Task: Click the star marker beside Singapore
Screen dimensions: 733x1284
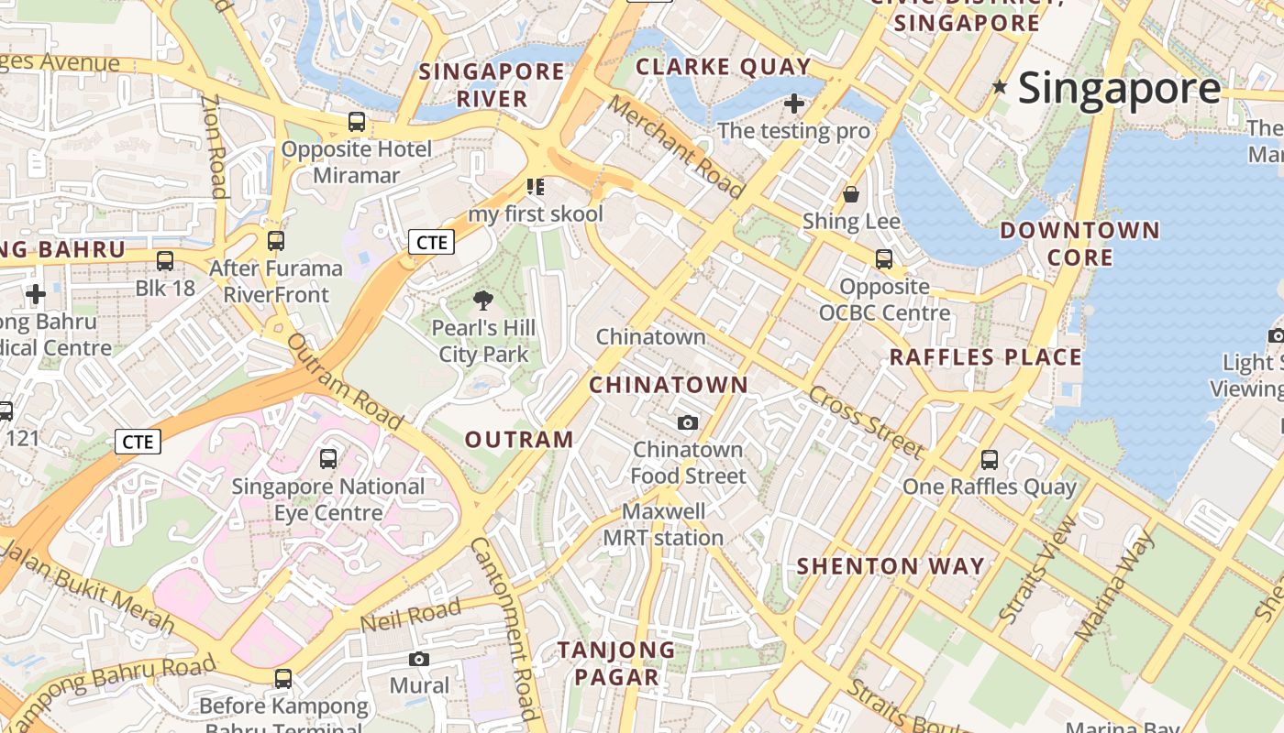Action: click(x=1000, y=88)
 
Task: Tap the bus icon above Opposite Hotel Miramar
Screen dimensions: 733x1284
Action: click(x=356, y=121)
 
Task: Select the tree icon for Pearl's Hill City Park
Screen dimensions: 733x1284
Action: click(x=483, y=301)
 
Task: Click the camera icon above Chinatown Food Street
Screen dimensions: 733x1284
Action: click(x=688, y=422)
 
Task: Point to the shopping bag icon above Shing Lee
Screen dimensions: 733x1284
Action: click(x=851, y=194)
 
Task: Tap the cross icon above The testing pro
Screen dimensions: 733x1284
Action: click(x=794, y=104)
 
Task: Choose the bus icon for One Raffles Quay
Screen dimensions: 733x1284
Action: click(x=989, y=459)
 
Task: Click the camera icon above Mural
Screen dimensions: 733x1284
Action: click(x=419, y=659)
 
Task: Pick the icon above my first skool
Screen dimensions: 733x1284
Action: click(x=536, y=188)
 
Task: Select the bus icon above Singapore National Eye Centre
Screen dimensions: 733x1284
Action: click(x=327, y=459)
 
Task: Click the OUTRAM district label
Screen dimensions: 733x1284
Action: click(x=519, y=440)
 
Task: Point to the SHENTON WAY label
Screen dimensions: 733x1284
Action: click(x=891, y=566)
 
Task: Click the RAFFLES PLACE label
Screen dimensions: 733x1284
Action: click(x=986, y=357)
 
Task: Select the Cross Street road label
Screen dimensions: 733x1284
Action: click(x=866, y=421)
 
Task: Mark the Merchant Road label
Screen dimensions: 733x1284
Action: click(x=676, y=148)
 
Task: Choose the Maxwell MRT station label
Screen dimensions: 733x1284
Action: click(x=663, y=524)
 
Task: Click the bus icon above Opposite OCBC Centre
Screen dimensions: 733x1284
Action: click(x=883, y=259)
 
